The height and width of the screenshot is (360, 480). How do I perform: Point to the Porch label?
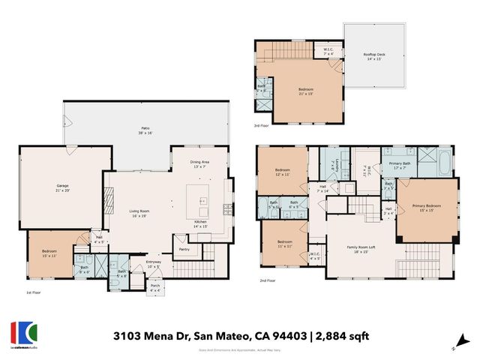coord(155,287)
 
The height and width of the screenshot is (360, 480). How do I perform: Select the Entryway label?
coord(154,263)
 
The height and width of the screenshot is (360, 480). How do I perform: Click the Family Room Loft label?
coord(361,248)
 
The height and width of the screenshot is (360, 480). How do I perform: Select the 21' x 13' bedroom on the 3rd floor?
coord(305,91)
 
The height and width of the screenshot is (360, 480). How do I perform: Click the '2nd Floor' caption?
coord(267,281)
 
